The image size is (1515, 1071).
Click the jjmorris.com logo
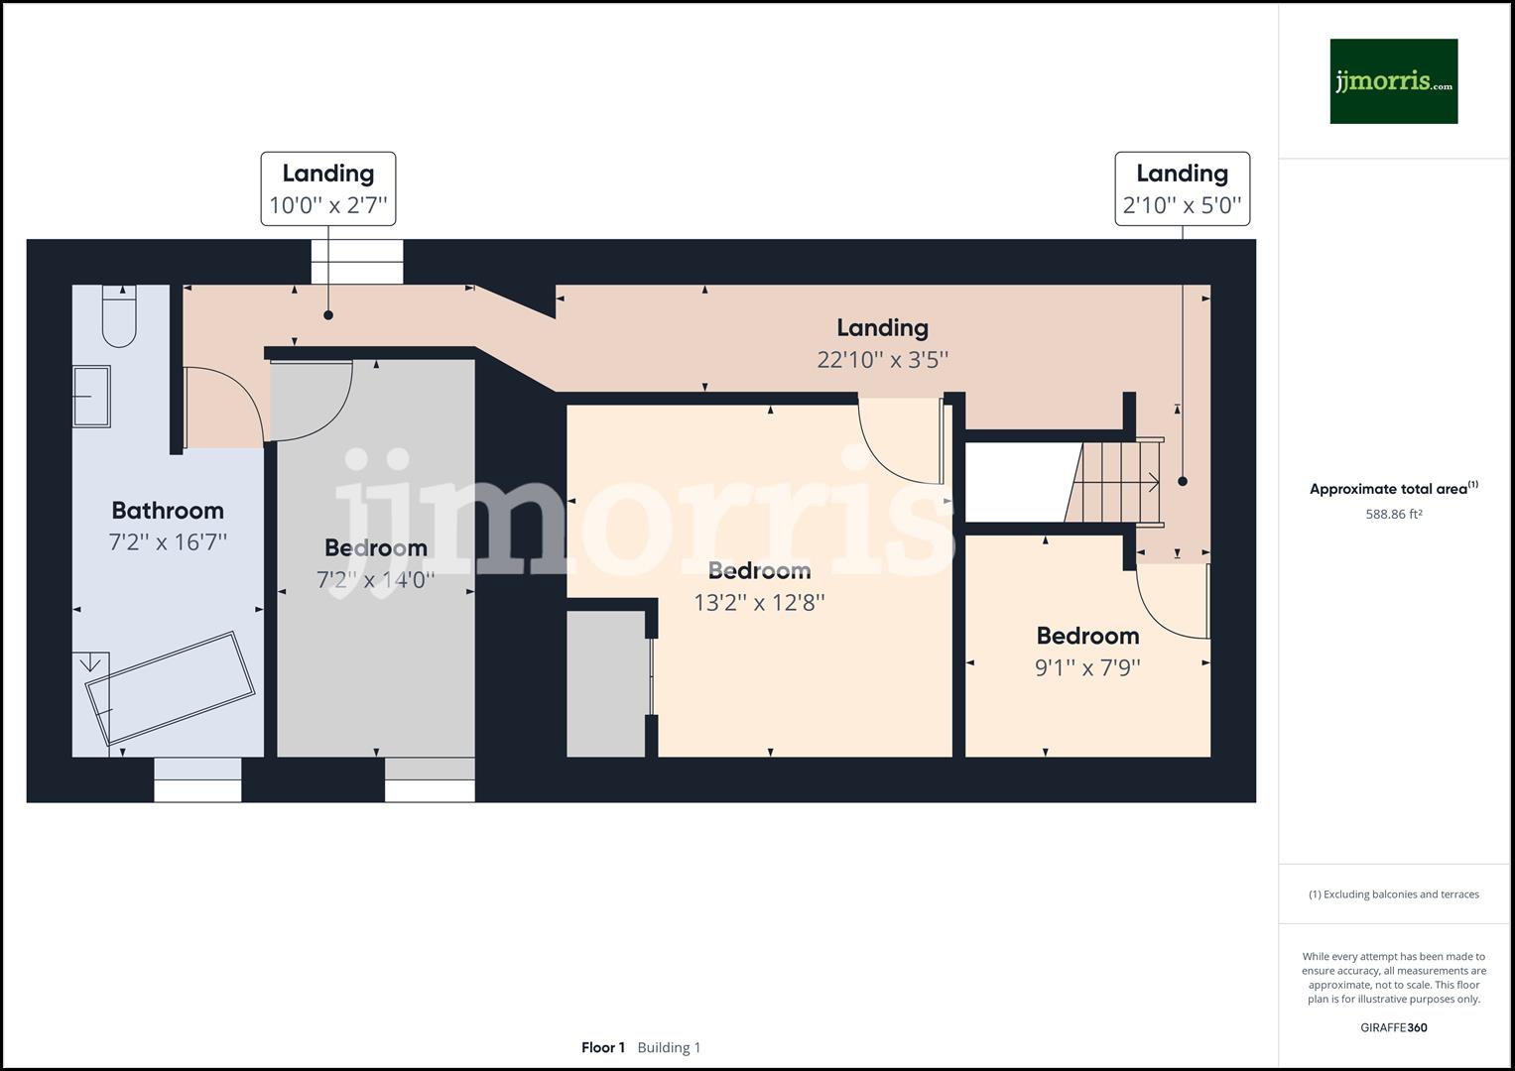click(x=1393, y=81)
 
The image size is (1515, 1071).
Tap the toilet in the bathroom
click(x=119, y=316)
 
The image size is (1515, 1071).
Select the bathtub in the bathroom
click(x=169, y=686)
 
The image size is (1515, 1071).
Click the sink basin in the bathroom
click(x=91, y=397)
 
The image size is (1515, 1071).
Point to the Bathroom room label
click(x=168, y=511)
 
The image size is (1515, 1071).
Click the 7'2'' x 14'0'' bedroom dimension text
click(x=375, y=580)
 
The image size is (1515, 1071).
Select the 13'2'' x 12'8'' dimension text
click(x=759, y=602)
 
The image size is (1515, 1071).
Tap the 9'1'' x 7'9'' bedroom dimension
click(x=1087, y=667)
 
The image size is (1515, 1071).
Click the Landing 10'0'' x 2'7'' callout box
click(x=328, y=188)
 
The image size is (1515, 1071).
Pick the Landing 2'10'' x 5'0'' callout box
click(x=1182, y=188)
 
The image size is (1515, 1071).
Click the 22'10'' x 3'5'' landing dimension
click(x=882, y=359)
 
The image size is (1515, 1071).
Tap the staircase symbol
click(x=1119, y=482)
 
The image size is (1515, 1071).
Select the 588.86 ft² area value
click(x=1393, y=515)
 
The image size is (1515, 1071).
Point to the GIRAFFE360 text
click(x=1393, y=1027)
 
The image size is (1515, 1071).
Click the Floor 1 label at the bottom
click(x=603, y=1047)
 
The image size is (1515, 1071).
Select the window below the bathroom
click(x=197, y=779)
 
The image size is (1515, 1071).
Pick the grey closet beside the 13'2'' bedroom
click(x=606, y=684)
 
